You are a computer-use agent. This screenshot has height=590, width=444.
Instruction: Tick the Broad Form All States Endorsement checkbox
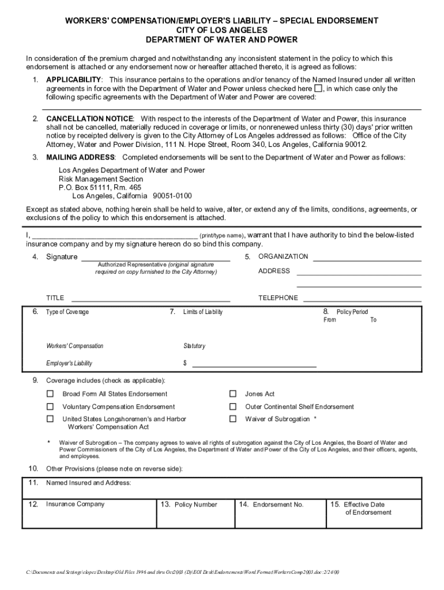tap(50, 394)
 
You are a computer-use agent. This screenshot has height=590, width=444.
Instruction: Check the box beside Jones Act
tap(233, 394)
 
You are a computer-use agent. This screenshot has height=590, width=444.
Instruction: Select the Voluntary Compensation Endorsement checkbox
tap(50, 407)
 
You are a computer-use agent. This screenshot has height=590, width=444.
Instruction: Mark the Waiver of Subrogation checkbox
tap(233, 419)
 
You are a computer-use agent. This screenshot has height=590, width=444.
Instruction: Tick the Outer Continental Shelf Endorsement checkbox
tap(233, 407)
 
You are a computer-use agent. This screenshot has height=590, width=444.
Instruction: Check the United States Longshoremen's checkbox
tap(50, 419)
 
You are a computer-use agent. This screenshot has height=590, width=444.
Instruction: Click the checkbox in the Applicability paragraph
tap(318, 89)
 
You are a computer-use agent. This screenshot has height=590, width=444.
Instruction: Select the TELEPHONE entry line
tap(362, 300)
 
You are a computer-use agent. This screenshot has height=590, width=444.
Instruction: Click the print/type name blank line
tap(114, 236)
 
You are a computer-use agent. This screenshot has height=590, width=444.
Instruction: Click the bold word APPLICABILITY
tap(74, 79)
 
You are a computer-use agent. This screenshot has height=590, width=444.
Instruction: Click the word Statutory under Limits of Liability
tap(194, 346)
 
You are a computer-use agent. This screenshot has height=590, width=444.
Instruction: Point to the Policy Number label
tap(196, 505)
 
